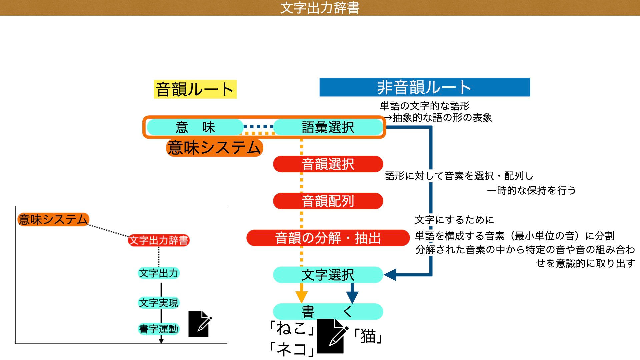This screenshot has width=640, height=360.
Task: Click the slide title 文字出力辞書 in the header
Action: click(320, 8)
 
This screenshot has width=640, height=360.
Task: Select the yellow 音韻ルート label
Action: click(195, 89)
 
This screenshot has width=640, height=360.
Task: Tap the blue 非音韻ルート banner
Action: click(424, 87)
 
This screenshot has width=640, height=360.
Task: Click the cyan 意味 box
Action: click(195, 127)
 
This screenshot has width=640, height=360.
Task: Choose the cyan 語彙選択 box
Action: click(328, 127)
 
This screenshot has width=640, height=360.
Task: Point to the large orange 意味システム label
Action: click(214, 148)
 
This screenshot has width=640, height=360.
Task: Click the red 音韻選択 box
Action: click(328, 164)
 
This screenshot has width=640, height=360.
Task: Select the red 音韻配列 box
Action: click(328, 201)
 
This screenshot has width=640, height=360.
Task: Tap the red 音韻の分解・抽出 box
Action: click(328, 238)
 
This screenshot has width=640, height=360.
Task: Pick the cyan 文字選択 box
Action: click(328, 275)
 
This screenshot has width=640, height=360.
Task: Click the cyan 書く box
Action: click(328, 312)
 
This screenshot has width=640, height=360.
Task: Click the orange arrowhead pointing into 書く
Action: click(301, 296)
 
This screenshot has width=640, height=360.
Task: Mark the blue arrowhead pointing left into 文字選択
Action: click(390, 275)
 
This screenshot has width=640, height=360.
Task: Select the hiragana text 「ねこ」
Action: click(292, 328)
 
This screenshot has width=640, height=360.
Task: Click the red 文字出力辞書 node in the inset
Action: click(159, 240)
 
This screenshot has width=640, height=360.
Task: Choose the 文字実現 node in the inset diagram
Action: click(159, 303)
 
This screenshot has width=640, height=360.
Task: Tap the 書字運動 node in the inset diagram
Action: click(159, 329)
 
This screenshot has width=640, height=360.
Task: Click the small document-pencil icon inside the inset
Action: click(199, 324)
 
